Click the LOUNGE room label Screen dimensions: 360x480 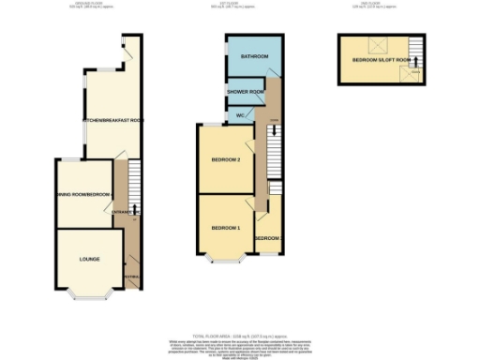(89, 258)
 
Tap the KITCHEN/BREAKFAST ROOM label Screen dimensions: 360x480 (112, 121)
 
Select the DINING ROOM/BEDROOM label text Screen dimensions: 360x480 (80, 194)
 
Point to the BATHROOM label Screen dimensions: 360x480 (253, 57)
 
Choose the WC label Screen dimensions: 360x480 (240, 115)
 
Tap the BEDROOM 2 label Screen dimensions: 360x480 (226, 160)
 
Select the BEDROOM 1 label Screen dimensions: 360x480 (225, 228)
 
